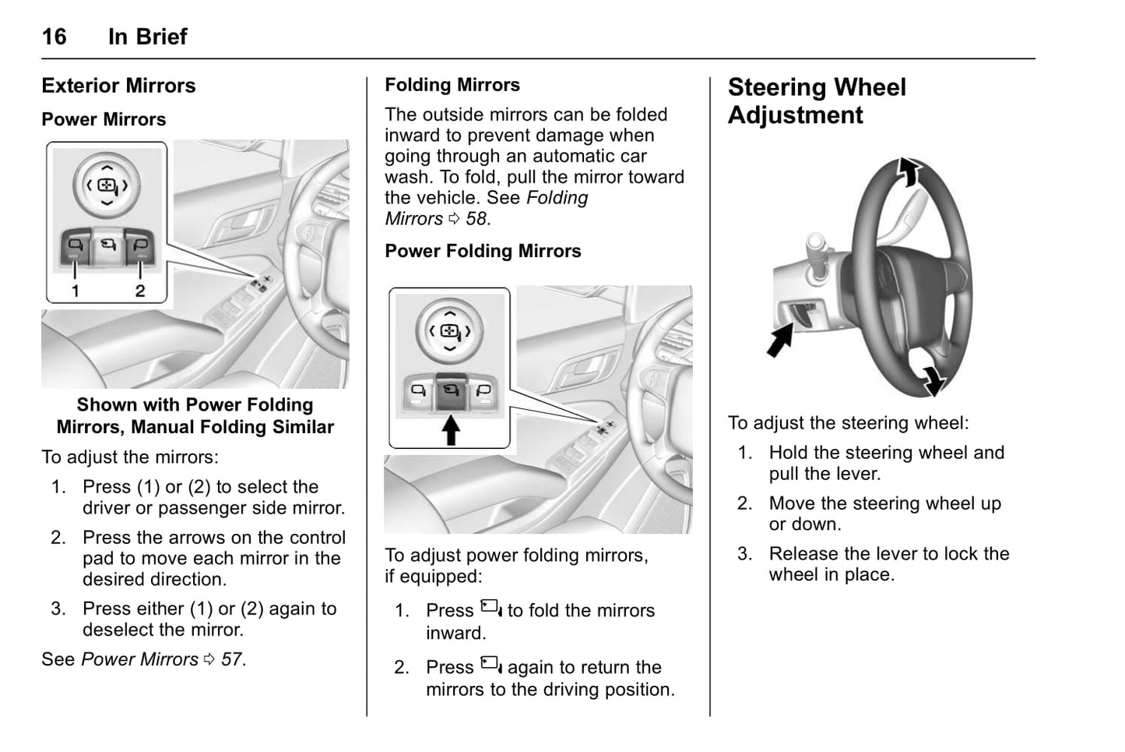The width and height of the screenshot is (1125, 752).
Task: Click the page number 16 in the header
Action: coord(54,37)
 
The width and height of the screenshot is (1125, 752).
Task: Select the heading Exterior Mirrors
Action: coord(118,86)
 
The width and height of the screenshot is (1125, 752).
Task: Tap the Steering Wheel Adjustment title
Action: coord(816,101)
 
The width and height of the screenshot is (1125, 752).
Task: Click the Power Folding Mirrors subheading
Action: coord(483,251)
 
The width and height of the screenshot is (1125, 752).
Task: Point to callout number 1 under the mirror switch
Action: coord(76,291)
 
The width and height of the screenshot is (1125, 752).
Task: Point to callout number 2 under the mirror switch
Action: coord(140,291)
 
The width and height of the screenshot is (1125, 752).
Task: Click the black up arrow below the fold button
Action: coord(451,429)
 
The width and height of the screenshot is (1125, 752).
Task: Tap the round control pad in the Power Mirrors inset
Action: coord(107,185)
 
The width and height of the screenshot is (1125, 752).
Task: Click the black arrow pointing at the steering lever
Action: coord(779,341)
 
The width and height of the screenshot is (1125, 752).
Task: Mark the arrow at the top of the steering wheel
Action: coord(909,171)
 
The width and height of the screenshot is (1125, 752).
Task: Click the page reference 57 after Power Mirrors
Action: coord(232,659)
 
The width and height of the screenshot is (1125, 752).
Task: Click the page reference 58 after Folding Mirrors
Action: coord(477,219)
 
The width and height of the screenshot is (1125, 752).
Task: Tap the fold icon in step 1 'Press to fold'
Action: coord(490,608)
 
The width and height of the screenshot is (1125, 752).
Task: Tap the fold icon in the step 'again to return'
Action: coord(490,665)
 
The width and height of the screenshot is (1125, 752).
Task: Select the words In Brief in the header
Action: coord(147,37)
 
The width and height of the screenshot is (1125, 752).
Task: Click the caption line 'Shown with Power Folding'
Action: coord(195,405)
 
